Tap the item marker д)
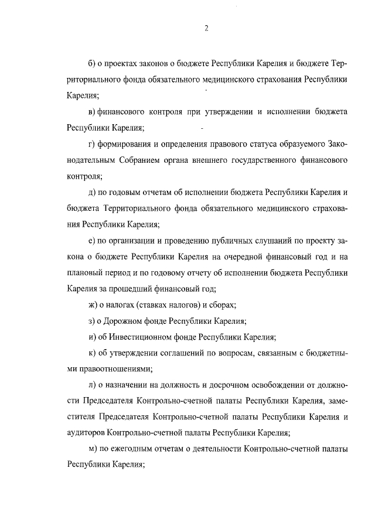(91, 192)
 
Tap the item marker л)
(91, 385)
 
